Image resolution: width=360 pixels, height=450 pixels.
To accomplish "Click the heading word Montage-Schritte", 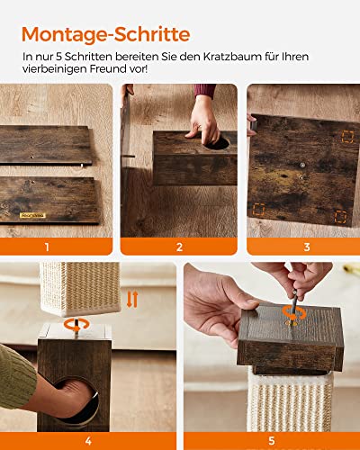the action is pos(105,34).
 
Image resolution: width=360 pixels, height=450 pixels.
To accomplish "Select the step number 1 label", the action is pos(47,247).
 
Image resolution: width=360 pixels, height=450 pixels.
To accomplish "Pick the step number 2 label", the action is pos(179,247).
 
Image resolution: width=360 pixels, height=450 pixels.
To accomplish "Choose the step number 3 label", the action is pos(307,247).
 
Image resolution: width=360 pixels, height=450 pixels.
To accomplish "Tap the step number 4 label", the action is pos(88,441).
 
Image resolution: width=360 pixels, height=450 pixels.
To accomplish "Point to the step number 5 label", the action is pos(272,441).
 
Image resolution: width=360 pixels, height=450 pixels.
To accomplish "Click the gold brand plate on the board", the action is pos(32,215).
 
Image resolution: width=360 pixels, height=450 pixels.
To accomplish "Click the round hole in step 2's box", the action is pos(217,143).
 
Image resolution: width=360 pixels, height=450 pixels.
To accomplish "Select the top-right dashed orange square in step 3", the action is pos(347,137).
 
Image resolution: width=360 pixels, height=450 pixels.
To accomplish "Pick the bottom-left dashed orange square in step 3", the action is pos(258,210).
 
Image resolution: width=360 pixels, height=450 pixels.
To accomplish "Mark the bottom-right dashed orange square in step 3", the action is pos(340,217).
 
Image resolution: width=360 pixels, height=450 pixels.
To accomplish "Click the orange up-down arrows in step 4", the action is pos(132,299).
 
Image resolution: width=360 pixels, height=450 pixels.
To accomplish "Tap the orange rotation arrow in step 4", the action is pos(77,325).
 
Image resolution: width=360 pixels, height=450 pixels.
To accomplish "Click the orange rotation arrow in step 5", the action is pos(294,314).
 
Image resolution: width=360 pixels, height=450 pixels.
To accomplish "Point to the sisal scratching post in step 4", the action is pos(80,288).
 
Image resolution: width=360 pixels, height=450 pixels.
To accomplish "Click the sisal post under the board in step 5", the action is pos(290,400).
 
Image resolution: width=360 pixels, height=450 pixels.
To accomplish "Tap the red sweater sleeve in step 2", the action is pos(205,91).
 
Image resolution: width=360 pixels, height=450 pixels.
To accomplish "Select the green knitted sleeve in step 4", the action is pos(16,376).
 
